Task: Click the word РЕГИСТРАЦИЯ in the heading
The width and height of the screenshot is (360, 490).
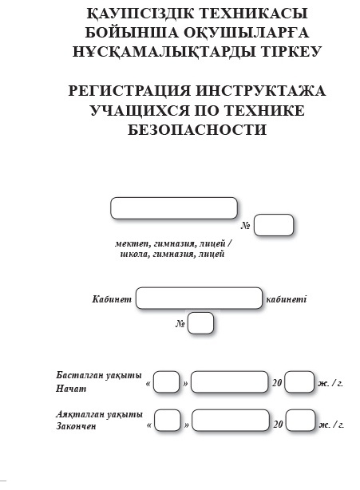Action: click(x=129, y=91)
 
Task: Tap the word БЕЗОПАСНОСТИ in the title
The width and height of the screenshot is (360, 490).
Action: click(x=197, y=130)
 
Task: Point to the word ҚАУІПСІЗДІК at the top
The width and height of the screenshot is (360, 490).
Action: click(x=140, y=13)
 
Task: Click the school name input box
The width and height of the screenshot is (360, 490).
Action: click(x=174, y=207)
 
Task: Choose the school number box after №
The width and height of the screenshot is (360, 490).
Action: click(x=274, y=225)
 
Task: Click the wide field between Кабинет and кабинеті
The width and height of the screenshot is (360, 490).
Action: click(x=199, y=298)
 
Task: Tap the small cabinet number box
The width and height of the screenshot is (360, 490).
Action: click(x=200, y=323)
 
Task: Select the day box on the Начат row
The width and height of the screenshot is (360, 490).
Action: click(x=167, y=381)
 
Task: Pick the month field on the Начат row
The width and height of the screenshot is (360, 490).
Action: click(x=229, y=381)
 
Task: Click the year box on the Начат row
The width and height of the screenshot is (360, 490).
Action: click(x=299, y=381)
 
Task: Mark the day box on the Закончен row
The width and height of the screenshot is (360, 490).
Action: click(x=168, y=421)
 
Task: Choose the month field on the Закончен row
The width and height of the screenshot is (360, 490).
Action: click(x=231, y=421)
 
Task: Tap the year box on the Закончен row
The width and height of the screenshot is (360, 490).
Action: click(x=301, y=421)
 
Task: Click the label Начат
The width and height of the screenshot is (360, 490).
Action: click(x=71, y=389)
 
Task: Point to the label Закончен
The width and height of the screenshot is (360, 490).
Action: click(x=77, y=426)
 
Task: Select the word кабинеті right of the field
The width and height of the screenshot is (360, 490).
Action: click(x=287, y=299)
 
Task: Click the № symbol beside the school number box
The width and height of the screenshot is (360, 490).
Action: click(x=245, y=226)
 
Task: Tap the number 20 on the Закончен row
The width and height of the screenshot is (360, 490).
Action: click(x=278, y=424)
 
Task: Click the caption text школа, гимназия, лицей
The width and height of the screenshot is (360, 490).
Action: click(x=172, y=254)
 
